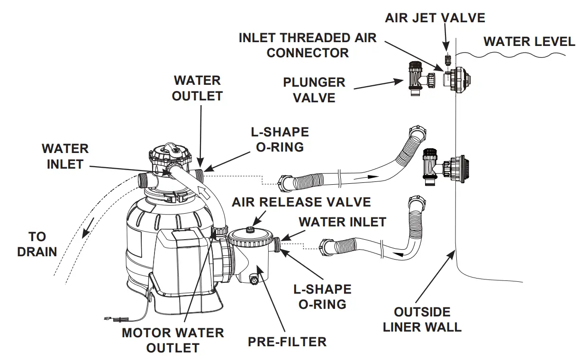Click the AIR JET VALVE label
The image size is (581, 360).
(x=435, y=18)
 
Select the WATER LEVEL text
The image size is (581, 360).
(x=529, y=42)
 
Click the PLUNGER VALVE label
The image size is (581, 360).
(x=314, y=90)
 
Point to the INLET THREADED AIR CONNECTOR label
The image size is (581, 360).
(x=307, y=45)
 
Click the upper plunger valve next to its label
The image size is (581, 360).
(x=415, y=78)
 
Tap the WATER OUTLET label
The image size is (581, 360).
(x=197, y=88)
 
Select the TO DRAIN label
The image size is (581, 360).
(x=37, y=244)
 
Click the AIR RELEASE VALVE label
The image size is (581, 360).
(x=301, y=202)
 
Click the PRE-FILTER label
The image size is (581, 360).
(x=287, y=342)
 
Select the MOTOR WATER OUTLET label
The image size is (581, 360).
(x=172, y=340)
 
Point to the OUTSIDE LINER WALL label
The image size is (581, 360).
(x=422, y=319)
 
